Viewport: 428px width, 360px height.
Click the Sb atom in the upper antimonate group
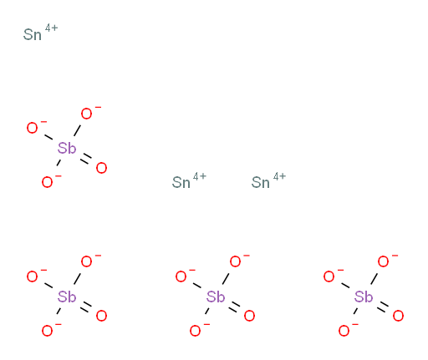tap(67, 148)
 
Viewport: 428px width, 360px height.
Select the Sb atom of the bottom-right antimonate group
tap(364, 297)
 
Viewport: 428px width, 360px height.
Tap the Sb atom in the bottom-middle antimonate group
tap(216, 297)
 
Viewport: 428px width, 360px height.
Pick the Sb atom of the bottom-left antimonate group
tap(67, 297)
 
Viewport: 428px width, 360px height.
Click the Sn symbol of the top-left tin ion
tap(33, 35)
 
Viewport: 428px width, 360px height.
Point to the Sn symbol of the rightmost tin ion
tap(261, 183)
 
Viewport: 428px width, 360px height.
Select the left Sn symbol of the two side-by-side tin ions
tap(181, 183)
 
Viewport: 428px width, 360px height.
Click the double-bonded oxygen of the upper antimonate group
tap(101, 168)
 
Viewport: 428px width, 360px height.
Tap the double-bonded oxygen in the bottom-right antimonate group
tap(398, 316)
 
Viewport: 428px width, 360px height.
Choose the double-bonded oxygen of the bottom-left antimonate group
tap(101, 316)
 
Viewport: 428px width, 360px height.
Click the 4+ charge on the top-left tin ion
tap(51, 28)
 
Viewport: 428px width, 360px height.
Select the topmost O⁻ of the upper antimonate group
tap(86, 114)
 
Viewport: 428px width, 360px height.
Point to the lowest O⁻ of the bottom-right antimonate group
tap(344, 331)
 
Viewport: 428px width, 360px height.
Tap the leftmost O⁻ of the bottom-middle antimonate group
tap(181, 276)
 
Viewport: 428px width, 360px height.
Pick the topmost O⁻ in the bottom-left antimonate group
tap(86, 261)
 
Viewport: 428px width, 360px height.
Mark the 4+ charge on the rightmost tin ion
tap(279, 176)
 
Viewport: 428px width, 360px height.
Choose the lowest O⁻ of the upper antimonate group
tap(47, 182)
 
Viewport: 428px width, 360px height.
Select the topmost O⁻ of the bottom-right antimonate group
tap(383, 261)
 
